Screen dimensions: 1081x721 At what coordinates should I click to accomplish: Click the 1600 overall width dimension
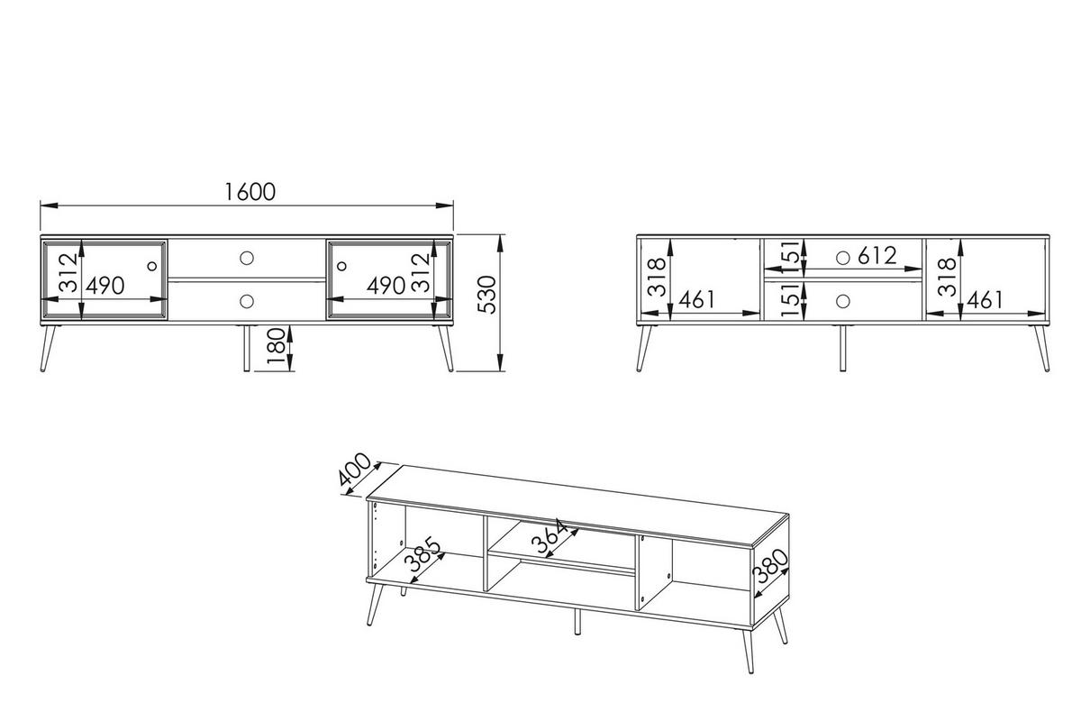pyautogui.click(x=250, y=192)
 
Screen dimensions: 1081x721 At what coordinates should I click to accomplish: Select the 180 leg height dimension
pyautogui.click(x=276, y=346)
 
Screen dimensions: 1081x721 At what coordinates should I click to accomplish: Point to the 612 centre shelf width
pyautogui.click(x=877, y=255)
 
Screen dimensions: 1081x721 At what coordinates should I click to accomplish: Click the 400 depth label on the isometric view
pyautogui.click(x=354, y=469)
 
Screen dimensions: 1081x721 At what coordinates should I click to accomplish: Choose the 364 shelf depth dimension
pyautogui.click(x=550, y=536)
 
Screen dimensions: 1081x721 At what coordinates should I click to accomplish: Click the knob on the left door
pyautogui.click(x=152, y=266)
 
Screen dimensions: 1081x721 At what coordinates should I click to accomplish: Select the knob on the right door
pyautogui.click(x=341, y=266)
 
